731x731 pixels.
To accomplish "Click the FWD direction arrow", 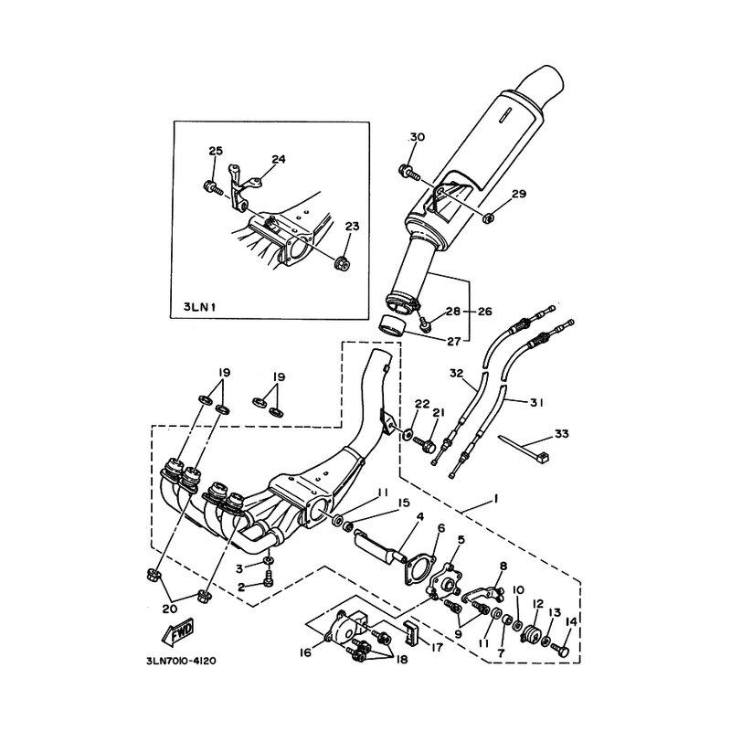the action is (176, 631).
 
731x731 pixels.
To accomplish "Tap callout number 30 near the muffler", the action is (418, 137).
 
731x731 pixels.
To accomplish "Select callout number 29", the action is (518, 193).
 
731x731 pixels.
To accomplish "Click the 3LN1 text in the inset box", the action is (200, 306).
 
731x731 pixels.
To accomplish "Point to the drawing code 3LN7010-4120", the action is (182, 661).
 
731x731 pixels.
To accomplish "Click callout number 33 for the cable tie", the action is (562, 433).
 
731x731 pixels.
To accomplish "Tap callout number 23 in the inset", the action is (352, 226).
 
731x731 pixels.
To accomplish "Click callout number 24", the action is (279, 159).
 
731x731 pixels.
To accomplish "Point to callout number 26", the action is (485, 311).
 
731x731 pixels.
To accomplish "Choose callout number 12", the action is (538, 604).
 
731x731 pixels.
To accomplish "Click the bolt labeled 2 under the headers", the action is (269, 579).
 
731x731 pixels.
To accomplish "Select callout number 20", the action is (170, 609).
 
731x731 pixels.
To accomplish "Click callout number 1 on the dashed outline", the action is (496, 498).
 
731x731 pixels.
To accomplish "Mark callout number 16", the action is (305, 653).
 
